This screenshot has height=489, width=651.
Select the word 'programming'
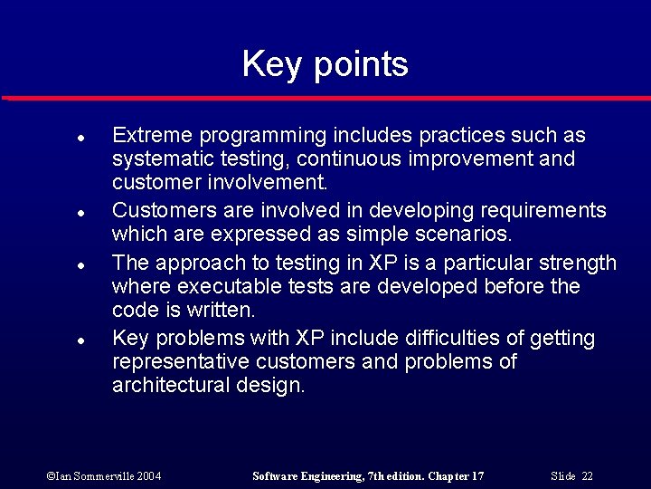coord(263,137)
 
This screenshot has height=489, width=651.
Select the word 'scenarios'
coord(465,235)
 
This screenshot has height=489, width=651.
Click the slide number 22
coord(587,476)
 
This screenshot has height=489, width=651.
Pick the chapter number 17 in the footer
coord(476,476)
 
